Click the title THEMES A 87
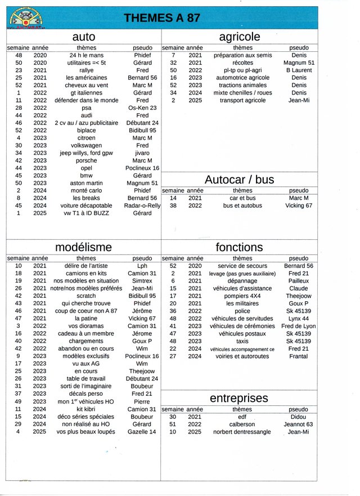coord(162,18)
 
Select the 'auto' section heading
coord(84,37)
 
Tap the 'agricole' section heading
coord(240,37)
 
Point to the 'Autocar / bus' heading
coord(240,180)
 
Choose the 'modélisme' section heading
coord(84,247)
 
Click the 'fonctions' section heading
coord(239,247)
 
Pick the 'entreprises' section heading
coord(239,399)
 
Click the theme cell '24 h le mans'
coord(86,56)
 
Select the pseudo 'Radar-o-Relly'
coord(142,205)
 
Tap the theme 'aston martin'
coord(86,183)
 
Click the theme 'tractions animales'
coord(242,86)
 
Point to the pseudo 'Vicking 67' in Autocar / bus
coord(299,205)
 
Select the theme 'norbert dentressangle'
coord(242,432)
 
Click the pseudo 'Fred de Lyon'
coord(298,326)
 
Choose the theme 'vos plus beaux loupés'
coord(85,432)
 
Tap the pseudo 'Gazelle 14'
coord(142,432)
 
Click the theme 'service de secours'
coord(242,266)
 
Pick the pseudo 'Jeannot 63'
coord(299,424)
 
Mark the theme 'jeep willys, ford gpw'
coord(85,153)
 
